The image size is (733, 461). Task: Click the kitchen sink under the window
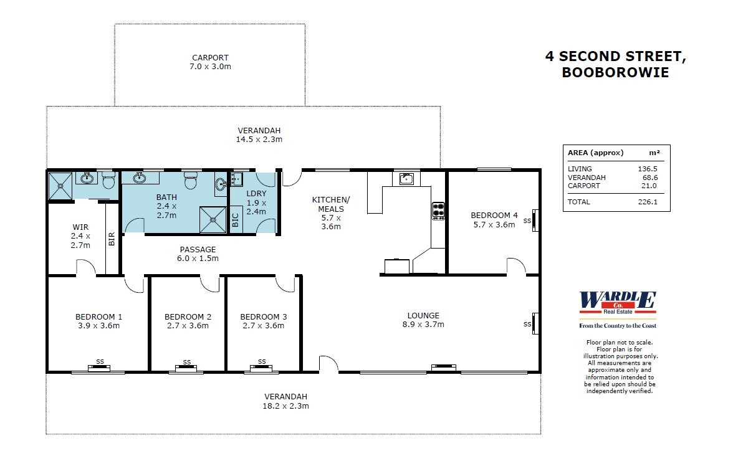click(406, 179)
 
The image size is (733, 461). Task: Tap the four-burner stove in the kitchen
click(438, 210)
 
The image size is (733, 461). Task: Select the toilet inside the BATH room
click(191, 181)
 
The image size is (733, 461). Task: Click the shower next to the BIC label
click(213, 219)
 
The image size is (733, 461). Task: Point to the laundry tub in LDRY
click(236, 180)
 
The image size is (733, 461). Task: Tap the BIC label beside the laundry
click(236, 220)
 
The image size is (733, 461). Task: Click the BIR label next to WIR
click(112, 240)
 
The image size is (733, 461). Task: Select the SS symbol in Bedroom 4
click(528, 221)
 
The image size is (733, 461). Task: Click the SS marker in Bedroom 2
click(187, 362)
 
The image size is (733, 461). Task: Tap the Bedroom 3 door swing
click(285, 284)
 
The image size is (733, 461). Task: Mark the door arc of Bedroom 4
click(515, 266)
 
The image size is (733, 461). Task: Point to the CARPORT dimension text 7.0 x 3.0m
click(210, 66)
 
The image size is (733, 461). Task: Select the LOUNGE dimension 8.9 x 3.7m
click(423, 324)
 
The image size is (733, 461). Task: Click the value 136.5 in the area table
click(648, 169)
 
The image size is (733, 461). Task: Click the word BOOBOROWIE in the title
click(615, 72)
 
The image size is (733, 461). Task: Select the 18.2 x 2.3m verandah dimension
click(286, 406)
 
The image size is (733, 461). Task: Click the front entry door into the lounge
click(328, 365)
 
